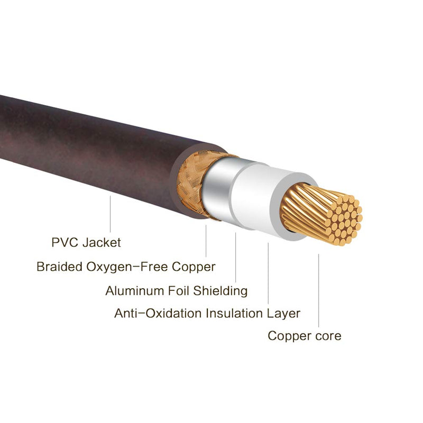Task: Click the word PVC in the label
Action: pos(65,242)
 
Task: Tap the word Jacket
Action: pos(102,242)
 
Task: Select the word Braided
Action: pos(59,266)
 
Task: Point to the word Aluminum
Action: pos(135,291)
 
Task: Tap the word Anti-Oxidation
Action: pos(158,314)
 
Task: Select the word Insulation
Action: pos(234,314)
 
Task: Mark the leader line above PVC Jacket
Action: pos(110,214)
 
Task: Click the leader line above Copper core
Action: pos(318,290)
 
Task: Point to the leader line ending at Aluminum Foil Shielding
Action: pos(235,258)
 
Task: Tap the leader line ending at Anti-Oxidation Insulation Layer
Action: pos(268,273)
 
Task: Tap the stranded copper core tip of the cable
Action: pos(321,213)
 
